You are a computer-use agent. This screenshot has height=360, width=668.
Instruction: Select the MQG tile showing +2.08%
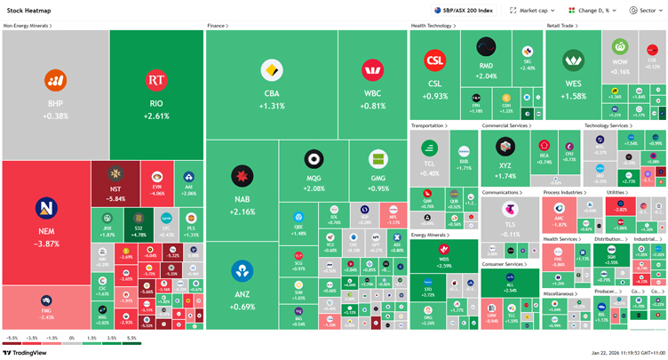[x=313, y=169]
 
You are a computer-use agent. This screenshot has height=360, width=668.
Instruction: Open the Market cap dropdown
[x=531, y=11]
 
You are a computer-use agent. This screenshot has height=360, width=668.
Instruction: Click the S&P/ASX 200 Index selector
[x=464, y=11]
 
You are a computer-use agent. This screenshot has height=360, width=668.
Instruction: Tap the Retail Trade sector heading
[x=561, y=27]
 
